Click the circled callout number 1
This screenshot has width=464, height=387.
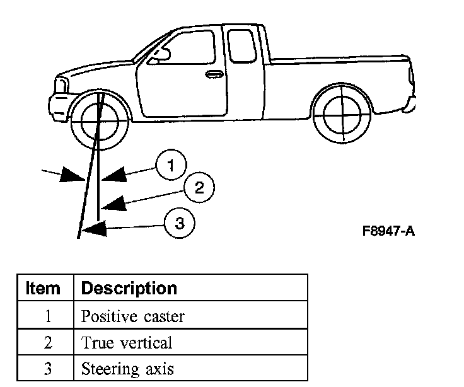pyautogui.click(x=171, y=166)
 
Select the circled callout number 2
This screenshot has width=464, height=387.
pyautogui.click(x=199, y=187)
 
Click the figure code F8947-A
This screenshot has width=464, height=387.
pyautogui.click(x=388, y=231)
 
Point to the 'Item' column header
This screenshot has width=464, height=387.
pyautogui.click(x=43, y=289)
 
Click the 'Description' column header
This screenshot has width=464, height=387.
pyautogui.click(x=129, y=289)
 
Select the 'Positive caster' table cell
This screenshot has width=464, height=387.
pyautogui.click(x=132, y=316)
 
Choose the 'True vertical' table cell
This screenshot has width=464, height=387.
pyautogui.click(x=126, y=343)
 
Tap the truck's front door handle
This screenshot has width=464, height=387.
pyautogui.click(x=214, y=74)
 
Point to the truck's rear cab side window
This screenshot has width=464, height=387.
pyautogui.click(x=241, y=43)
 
